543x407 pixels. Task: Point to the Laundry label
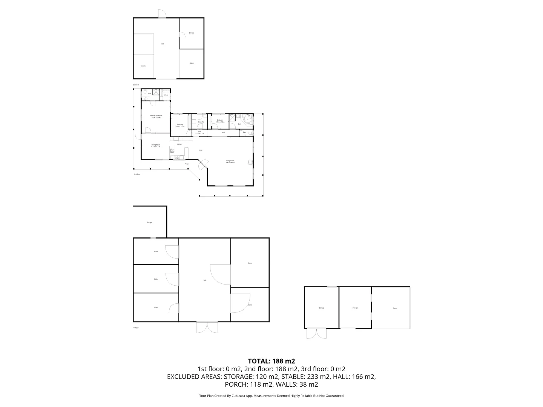(201, 122)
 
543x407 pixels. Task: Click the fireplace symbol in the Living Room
(250, 162)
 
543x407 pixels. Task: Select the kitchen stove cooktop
(172, 151)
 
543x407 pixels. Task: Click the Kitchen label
(179, 144)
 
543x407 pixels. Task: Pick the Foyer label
(201, 150)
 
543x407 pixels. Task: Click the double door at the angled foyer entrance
(203, 164)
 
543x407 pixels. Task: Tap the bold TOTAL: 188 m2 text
(271, 361)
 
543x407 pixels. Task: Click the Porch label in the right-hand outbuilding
(395, 308)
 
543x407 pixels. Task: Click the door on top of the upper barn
(162, 13)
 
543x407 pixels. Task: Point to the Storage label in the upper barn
(192, 33)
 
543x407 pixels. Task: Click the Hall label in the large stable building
(205, 280)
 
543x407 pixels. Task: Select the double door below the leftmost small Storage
(316, 333)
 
